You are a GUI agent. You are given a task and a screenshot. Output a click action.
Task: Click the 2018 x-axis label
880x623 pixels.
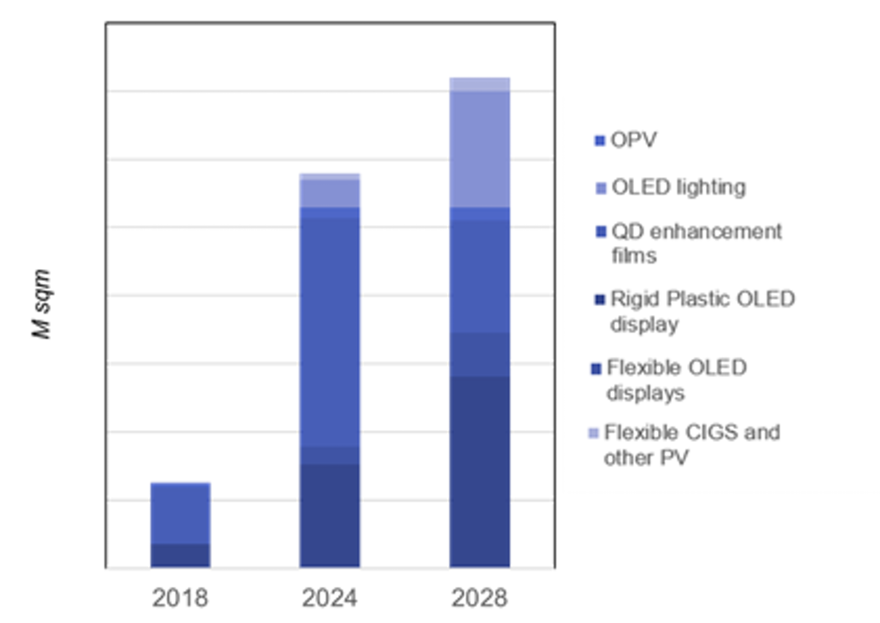pos(180,598)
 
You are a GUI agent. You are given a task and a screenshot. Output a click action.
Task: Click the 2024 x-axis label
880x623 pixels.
pos(329,598)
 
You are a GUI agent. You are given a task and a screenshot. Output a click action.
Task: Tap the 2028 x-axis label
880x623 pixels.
pos(479,598)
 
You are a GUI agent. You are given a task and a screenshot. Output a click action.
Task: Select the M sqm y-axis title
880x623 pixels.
pos(42,304)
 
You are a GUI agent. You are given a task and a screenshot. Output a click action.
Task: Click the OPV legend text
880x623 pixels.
pos(634,140)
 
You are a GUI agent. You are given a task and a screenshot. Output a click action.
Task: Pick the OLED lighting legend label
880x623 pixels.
pos(679,188)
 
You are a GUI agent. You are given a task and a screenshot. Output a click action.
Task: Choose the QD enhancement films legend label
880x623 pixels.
pos(696,243)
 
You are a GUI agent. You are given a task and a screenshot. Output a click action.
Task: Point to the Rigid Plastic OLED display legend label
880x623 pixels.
pos(702,311)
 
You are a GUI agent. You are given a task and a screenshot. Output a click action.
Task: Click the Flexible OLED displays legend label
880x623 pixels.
pos(676,380)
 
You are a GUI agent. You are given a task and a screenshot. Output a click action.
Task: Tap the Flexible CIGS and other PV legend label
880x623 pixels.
pos(692,445)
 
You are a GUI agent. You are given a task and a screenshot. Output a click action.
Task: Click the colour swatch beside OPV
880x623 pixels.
pos(599,141)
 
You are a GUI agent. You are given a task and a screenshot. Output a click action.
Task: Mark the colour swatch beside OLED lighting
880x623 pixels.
pos(601,189)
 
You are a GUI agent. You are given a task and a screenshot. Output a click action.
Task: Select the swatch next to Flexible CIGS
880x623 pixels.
pos(593,433)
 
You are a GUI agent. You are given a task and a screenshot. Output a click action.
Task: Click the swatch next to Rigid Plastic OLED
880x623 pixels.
pos(599,300)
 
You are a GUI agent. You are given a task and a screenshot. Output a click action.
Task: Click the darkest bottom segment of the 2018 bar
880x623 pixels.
pos(180,555)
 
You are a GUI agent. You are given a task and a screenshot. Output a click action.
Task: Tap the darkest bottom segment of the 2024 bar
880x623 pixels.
pos(329,515)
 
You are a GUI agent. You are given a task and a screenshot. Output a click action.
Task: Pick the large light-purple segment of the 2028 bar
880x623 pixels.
pos(480,149)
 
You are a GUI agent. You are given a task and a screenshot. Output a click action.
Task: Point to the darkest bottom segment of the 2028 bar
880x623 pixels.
pos(480,471)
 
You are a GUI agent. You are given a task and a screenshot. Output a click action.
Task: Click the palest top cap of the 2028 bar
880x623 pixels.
pos(480,85)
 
